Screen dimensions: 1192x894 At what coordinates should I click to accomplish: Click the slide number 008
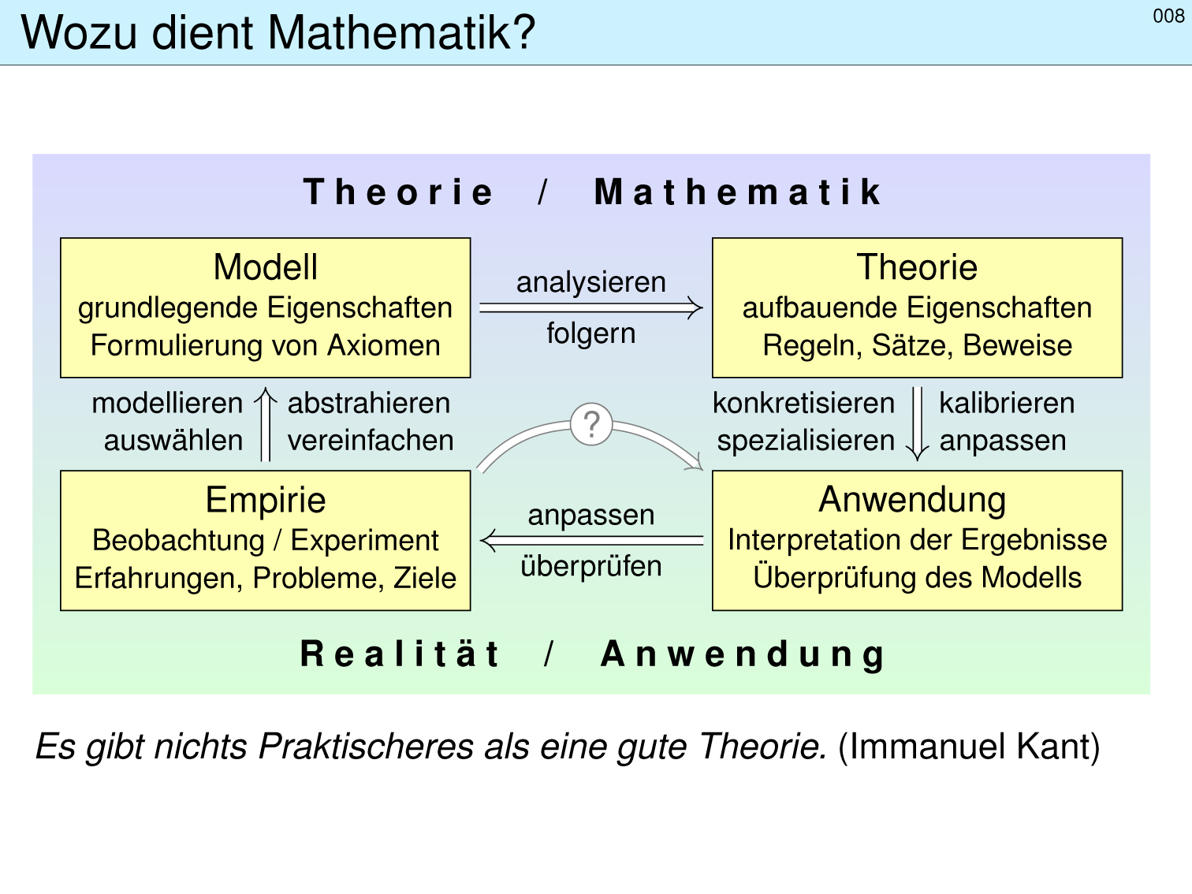point(1168,17)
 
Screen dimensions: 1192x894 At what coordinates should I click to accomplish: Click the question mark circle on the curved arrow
point(591,424)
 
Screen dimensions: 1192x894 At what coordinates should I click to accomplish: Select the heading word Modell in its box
point(265,267)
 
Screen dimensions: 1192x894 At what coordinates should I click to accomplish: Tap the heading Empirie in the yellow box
point(265,499)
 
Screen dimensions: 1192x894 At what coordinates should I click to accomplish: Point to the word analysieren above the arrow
point(590,283)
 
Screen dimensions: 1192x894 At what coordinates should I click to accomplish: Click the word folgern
point(590,333)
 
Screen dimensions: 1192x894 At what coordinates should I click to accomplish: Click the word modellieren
point(167,404)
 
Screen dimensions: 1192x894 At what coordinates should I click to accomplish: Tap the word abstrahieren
point(369,404)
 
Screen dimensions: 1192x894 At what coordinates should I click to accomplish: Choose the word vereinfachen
point(371,440)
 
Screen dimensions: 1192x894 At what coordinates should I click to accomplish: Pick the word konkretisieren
point(803,404)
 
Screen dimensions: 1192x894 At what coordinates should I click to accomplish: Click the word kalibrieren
point(1007,404)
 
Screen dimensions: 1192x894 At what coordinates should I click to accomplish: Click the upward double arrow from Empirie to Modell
point(266,424)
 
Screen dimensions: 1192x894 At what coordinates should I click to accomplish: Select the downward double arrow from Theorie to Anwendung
point(917,424)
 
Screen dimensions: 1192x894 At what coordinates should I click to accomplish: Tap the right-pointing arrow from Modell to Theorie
point(590,307)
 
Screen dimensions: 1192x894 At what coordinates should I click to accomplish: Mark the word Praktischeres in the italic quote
point(366,747)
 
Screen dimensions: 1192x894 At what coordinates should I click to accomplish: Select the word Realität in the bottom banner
point(400,654)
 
